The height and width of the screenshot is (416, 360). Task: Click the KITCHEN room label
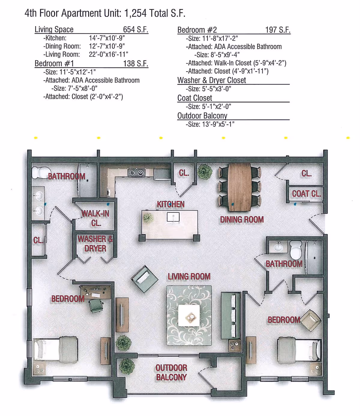pyautogui.click(x=170, y=204)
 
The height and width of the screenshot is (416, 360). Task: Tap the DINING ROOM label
pyautogui.click(x=242, y=220)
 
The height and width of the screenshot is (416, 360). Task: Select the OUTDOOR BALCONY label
pyautogui.click(x=171, y=372)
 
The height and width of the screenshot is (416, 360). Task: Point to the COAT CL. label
pyautogui.click(x=306, y=194)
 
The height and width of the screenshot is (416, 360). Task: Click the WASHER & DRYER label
pyautogui.click(x=95, y=244)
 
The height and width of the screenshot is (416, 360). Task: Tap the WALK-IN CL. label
pyautogui.click(x=96, y=218)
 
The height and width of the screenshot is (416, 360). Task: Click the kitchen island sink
pyautogui.click(x=173, y=217)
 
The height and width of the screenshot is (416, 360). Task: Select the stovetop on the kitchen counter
pyautogui.click(x=136, y=172)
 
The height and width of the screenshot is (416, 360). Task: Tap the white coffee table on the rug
pyautogui.click(x=189, y=316)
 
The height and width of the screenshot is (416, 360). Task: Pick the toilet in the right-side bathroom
pyautogui.click(x=296, y=249)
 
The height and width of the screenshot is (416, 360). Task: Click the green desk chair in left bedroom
pyautogui.click(x=96, y=305)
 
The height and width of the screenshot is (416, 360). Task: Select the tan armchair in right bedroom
pyautogui.click(x=310, y=320)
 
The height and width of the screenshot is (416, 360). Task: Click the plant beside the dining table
pyautogui.click(x=205, y=172)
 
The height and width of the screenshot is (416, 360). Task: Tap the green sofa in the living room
pyautogui.click(x=231, y=315)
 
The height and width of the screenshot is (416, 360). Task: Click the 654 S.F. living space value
pyautogui.click(x=136, y=29)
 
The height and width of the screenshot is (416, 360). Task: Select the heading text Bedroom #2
pyautogui.click(x=197, y=30)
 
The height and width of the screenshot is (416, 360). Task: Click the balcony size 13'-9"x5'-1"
pyautogui.click(x=218, y=124)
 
